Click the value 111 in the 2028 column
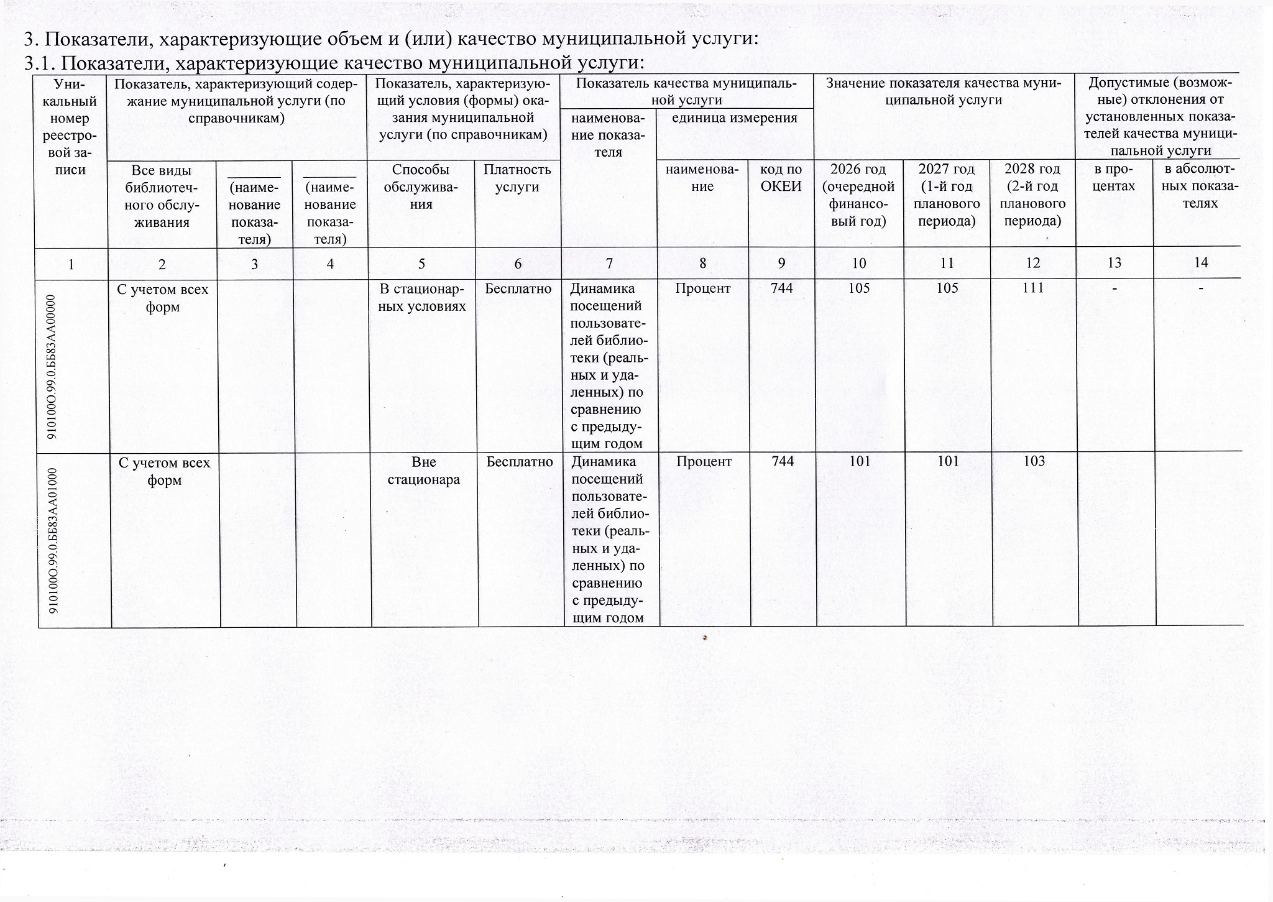click(1032, 288)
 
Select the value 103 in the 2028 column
click(1033, 461)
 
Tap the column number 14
click(1201, 263)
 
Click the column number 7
click(609, 264)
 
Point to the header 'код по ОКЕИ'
click(781, 178)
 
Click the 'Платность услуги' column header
click(517, 178)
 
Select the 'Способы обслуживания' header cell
click(421, 186)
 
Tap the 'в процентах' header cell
click(1114, 178)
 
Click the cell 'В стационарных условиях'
click(423, 298)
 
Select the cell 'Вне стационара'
click(423, 471)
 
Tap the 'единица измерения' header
click(735, 118)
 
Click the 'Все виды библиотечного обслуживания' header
click(162, 196)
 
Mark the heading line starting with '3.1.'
click(333, 63)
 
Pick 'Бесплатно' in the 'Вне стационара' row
click(520, 462)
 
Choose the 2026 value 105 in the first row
click(858, 288)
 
